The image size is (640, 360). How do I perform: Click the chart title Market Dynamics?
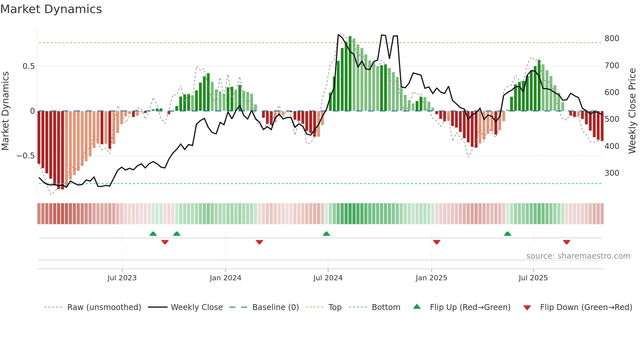coord(51,9)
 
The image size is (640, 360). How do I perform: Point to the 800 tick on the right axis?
coord(612,39)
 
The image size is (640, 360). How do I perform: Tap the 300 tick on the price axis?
coord(612,173)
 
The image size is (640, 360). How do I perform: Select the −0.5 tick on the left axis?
coord(25,156)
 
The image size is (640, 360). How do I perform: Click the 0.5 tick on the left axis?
coord(28,66)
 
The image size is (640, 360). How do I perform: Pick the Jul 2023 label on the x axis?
coord(122,278)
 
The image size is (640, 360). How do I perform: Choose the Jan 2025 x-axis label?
coord(431,278)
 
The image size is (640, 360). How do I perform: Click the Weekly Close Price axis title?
coord(632,111)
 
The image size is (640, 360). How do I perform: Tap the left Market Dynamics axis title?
coord(5,111)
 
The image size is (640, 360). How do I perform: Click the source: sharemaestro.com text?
coord(578,256)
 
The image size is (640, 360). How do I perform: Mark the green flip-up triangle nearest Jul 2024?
coord(326,234)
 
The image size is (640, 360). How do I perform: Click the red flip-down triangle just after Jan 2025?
coord(437,242)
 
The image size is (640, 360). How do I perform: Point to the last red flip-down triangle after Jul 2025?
coord(567,242)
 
